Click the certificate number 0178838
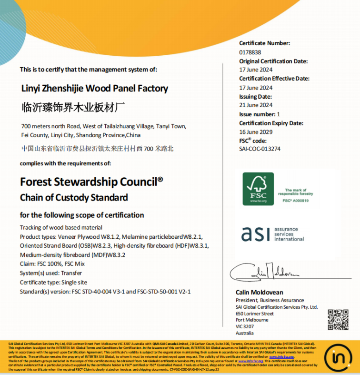tap(250, 52)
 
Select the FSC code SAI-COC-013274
tap(260, 149)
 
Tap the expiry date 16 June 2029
tap(256, 132)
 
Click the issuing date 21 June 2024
tap(256, 105)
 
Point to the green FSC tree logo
tap(258, 189)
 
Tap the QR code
tap(338, 320)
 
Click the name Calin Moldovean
tap(260, 293)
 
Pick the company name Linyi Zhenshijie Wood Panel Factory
tap(95, 89)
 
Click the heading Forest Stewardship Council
tap(91, 182)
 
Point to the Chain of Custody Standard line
tap(74, 197)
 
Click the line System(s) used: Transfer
tap(51, 274)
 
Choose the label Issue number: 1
tap(260, 114)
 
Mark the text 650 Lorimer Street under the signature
tap(255, 314)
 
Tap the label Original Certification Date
tap(273, 61)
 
